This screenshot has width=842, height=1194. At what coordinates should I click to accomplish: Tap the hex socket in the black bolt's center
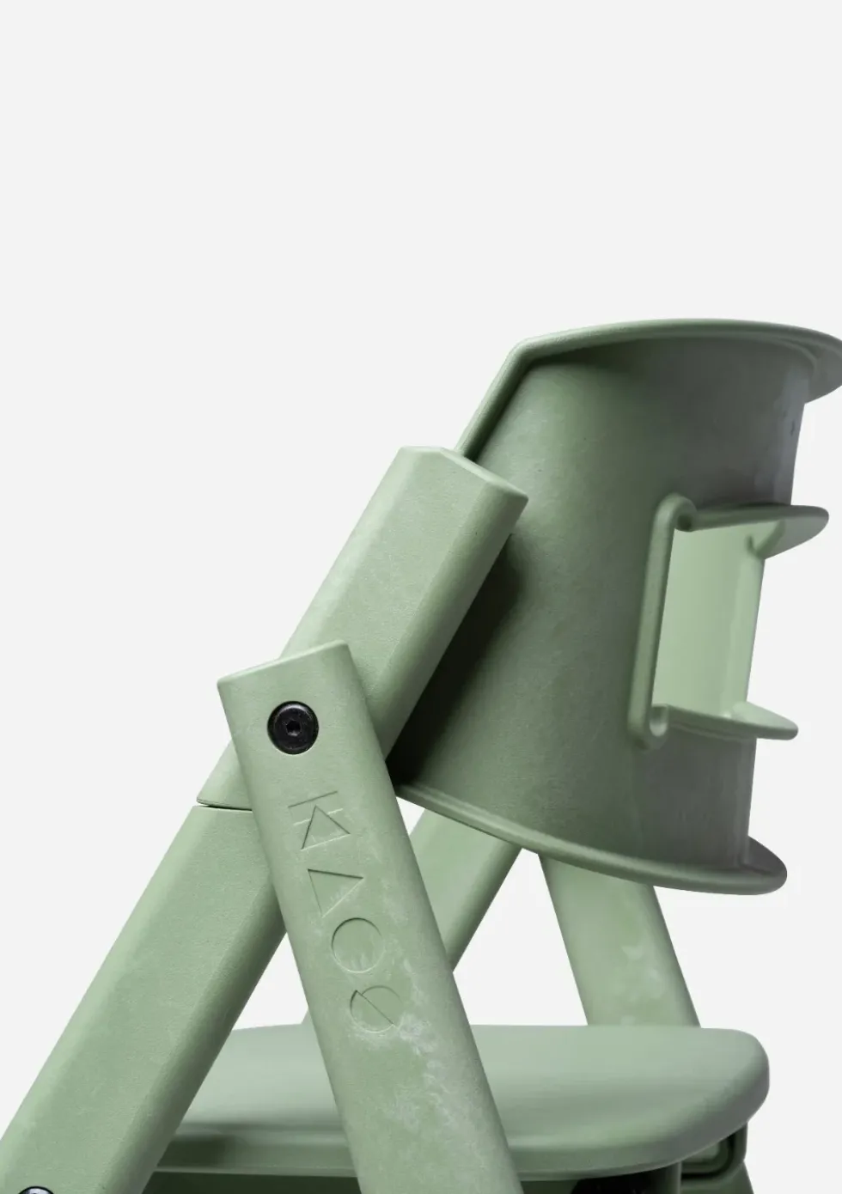[x=293, y=727]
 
